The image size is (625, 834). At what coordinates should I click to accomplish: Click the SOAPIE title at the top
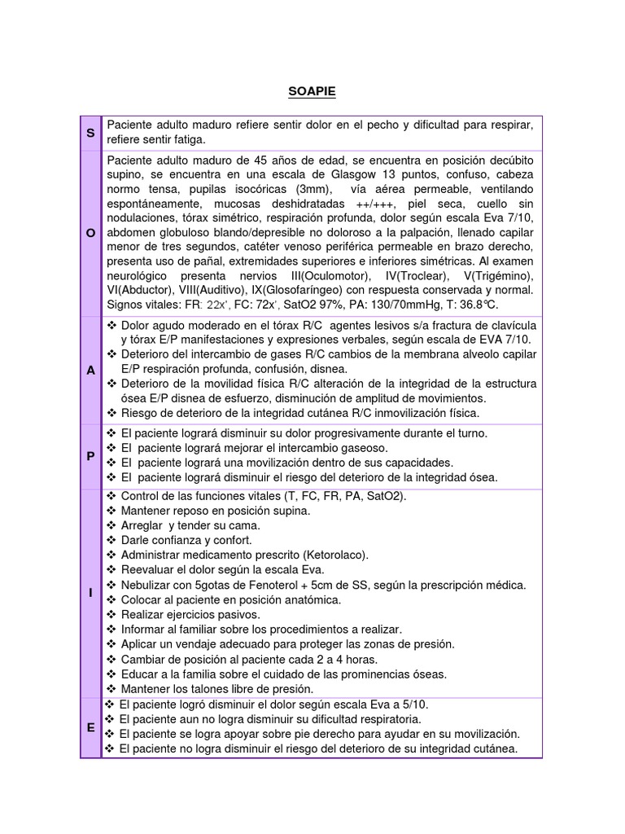312,92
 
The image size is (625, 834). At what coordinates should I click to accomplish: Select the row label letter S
90,132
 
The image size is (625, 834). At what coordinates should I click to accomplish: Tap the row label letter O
90,233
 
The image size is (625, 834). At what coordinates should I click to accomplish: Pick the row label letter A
90,370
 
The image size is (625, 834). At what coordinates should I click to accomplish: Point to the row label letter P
90,456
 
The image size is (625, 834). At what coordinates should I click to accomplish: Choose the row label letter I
90,592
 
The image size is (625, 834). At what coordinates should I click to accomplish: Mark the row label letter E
90,727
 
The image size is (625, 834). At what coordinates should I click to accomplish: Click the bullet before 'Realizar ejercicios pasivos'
111,614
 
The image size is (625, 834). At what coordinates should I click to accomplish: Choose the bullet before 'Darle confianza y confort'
111,540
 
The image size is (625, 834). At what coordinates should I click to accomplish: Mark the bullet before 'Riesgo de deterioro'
111,413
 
